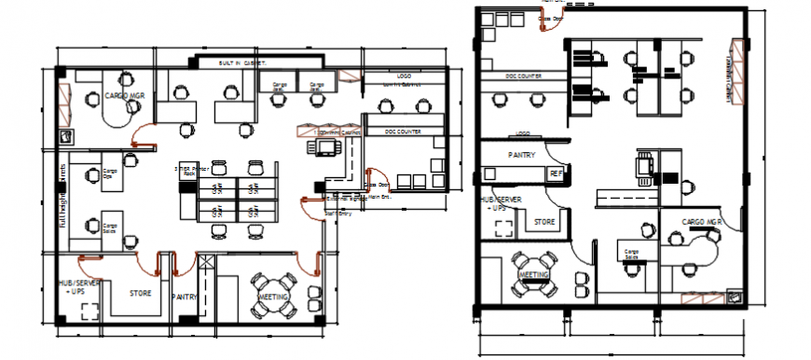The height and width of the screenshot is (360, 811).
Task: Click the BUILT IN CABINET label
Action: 242,62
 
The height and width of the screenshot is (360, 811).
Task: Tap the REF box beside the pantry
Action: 556,173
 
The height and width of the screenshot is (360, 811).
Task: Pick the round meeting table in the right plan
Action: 534,275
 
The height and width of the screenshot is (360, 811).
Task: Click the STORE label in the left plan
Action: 140,294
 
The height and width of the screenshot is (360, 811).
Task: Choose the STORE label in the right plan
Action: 545,222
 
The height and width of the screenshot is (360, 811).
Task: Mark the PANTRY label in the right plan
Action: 521,155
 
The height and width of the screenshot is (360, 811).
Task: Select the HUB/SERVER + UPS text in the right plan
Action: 496,202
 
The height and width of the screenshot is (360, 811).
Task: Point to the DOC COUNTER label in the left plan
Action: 403,132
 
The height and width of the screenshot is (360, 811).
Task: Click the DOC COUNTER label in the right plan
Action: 524,76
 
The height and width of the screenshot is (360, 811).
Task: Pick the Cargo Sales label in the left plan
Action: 111,226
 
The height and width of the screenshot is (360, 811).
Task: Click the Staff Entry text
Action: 337,214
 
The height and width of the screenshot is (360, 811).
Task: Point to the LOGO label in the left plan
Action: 404,76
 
